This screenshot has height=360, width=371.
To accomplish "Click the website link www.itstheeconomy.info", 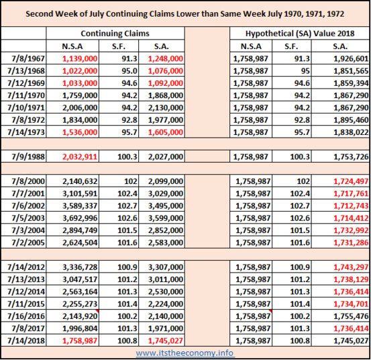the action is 184,353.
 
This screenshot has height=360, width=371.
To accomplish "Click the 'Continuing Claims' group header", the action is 115,34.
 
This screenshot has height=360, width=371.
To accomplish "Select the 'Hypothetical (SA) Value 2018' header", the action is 300,34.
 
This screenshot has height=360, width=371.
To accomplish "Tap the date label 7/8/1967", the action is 28,58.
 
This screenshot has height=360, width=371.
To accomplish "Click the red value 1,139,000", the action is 80,58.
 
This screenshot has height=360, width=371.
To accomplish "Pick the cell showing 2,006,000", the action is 80,107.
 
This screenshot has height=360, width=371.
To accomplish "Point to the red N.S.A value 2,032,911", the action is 80,156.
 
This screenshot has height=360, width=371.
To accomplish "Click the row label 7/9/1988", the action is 28,156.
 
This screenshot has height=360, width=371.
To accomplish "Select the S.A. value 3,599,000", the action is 166,218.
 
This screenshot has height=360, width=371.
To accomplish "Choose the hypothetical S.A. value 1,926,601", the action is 351,58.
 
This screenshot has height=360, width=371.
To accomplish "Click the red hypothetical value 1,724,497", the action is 351,181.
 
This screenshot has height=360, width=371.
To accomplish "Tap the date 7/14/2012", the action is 26,267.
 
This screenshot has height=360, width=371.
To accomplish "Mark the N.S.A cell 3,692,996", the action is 80,218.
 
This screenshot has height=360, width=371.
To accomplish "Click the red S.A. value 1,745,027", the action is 166,341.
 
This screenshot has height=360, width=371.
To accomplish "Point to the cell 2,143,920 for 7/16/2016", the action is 80,316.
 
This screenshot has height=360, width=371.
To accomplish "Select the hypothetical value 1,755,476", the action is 351,316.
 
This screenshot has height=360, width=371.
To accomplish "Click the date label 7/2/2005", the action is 28,242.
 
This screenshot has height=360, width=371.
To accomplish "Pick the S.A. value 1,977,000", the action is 166,120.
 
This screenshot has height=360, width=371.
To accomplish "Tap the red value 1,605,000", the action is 166,132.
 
